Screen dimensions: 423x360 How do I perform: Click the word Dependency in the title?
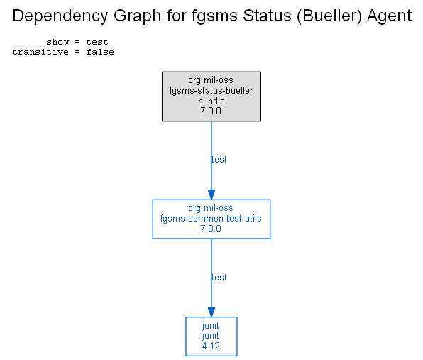click(x=60, y=16)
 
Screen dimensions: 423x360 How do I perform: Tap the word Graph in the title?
click(x=137, y=16)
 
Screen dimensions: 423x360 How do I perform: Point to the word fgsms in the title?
click(x=214, y=16)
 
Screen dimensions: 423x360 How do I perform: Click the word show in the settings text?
click(x=57, y=42)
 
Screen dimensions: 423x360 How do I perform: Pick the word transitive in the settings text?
click(x=40, y=52)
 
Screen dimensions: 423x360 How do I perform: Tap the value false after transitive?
click(x=100, y=52)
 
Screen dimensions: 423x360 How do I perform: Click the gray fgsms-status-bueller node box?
click(x=211, y=97)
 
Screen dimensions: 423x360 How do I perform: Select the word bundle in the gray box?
click(x=211, y=101)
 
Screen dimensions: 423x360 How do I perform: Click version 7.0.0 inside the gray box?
click(x=211, y=111)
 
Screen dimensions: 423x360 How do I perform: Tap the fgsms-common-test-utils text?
click(x=211, y=218)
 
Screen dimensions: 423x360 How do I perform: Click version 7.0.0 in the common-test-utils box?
click(x=211, y=229)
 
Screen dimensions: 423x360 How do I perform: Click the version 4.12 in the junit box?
click(x=211, y=346)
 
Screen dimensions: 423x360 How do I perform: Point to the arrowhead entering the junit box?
click(x=211, y=312)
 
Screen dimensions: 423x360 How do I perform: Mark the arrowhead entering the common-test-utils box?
click(x=211, y=195)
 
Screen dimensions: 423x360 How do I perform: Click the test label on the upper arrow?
click(x=219, y=160)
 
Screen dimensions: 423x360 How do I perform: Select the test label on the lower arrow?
click(x=219, y=278)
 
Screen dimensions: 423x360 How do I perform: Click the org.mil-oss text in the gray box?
click(x=211, y=80)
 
